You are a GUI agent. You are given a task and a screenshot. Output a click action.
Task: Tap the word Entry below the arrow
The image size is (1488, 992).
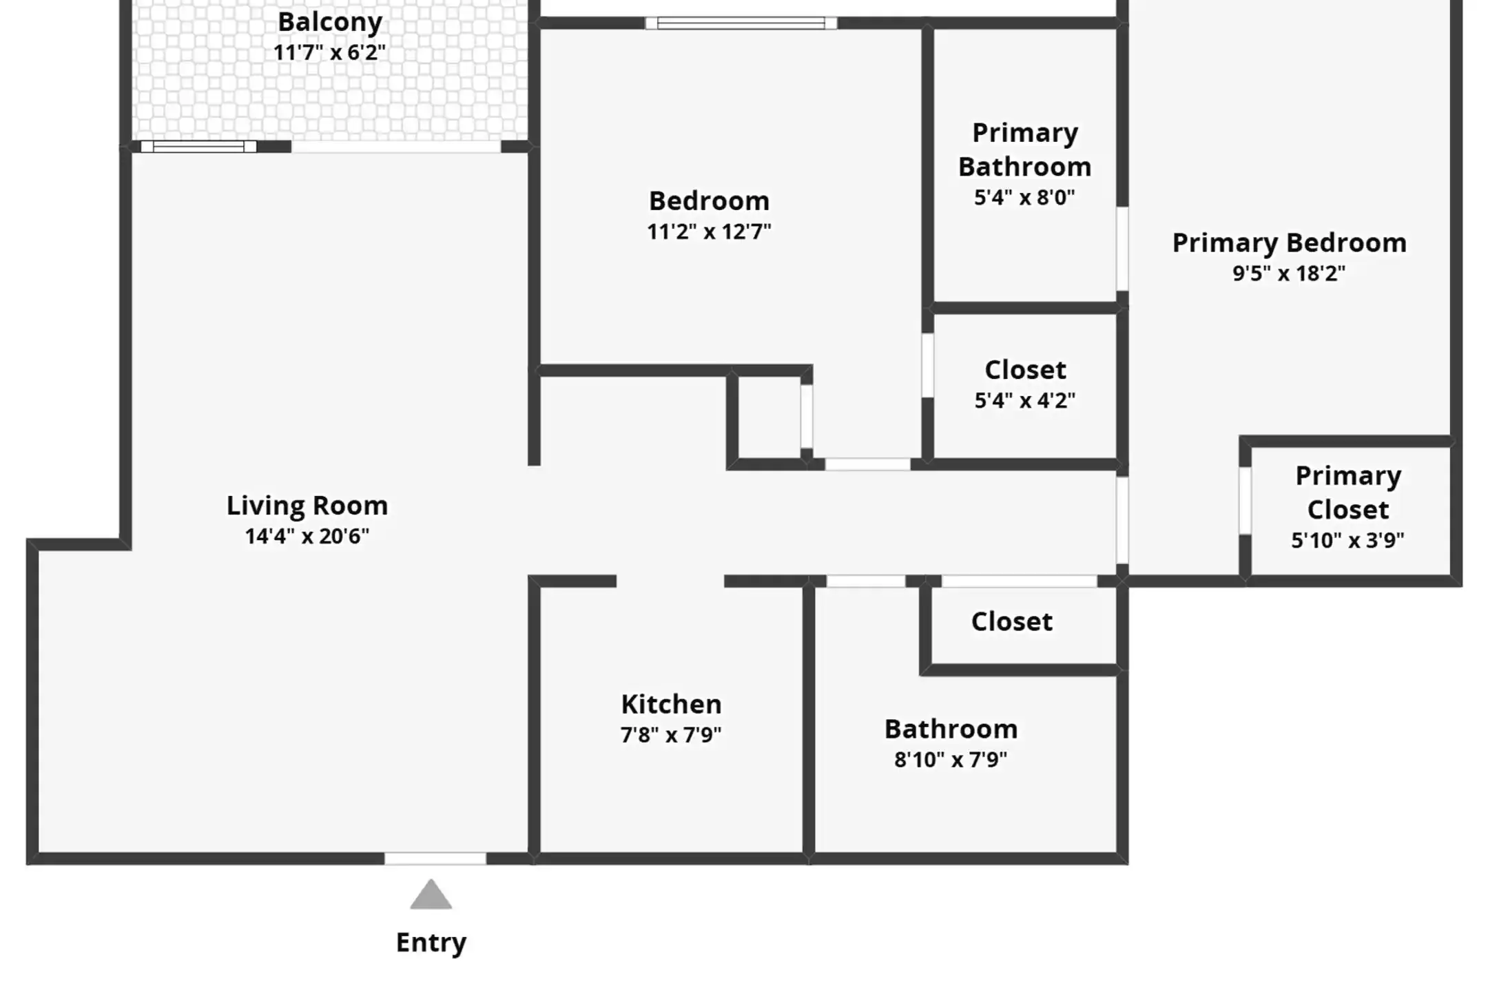(x=431, y=942)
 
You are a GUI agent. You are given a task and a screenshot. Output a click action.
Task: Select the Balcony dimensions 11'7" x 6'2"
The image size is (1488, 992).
(x=330, y=52)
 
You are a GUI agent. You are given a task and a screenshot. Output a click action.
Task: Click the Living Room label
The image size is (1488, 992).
(x=307, y=506)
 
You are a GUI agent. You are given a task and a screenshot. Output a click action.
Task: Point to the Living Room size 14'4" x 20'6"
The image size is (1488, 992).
(x=307, y=536)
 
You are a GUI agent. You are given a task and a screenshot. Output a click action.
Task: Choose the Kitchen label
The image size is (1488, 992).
(x=672, y=704)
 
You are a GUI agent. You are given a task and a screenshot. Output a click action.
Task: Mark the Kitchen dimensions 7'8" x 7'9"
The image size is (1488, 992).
(x=672, y=735)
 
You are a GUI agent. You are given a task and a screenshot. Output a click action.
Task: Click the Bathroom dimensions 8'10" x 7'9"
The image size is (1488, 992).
(x=951, y=759)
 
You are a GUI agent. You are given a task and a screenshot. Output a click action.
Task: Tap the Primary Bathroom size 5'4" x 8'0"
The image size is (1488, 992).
(x=1024, y=198)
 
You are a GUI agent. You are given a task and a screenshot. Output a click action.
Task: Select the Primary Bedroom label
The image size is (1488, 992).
(x=1290, y=243)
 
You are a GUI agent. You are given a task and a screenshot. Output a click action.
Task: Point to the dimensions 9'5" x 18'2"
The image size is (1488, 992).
(x=1289, y=273)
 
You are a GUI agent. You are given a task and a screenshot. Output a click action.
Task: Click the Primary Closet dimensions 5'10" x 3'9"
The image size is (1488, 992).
(x=1347, y=540)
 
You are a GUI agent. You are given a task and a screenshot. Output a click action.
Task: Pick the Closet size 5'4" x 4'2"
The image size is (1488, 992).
(x=1025, y=400)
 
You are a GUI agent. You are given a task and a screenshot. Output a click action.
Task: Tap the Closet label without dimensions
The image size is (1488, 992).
(x=1012, y=621)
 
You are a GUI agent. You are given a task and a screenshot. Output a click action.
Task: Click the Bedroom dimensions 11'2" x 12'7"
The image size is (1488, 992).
(x=709, y=231)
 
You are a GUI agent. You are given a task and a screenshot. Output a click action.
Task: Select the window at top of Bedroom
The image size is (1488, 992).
(x=741, y=23)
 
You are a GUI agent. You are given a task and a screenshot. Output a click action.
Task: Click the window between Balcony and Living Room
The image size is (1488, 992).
(x=199, y=146)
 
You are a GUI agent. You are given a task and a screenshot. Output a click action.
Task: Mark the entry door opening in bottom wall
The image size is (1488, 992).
(x=435, y=858)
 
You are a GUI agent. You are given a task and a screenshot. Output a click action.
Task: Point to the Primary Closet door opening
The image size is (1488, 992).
(x=1245, y=500)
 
